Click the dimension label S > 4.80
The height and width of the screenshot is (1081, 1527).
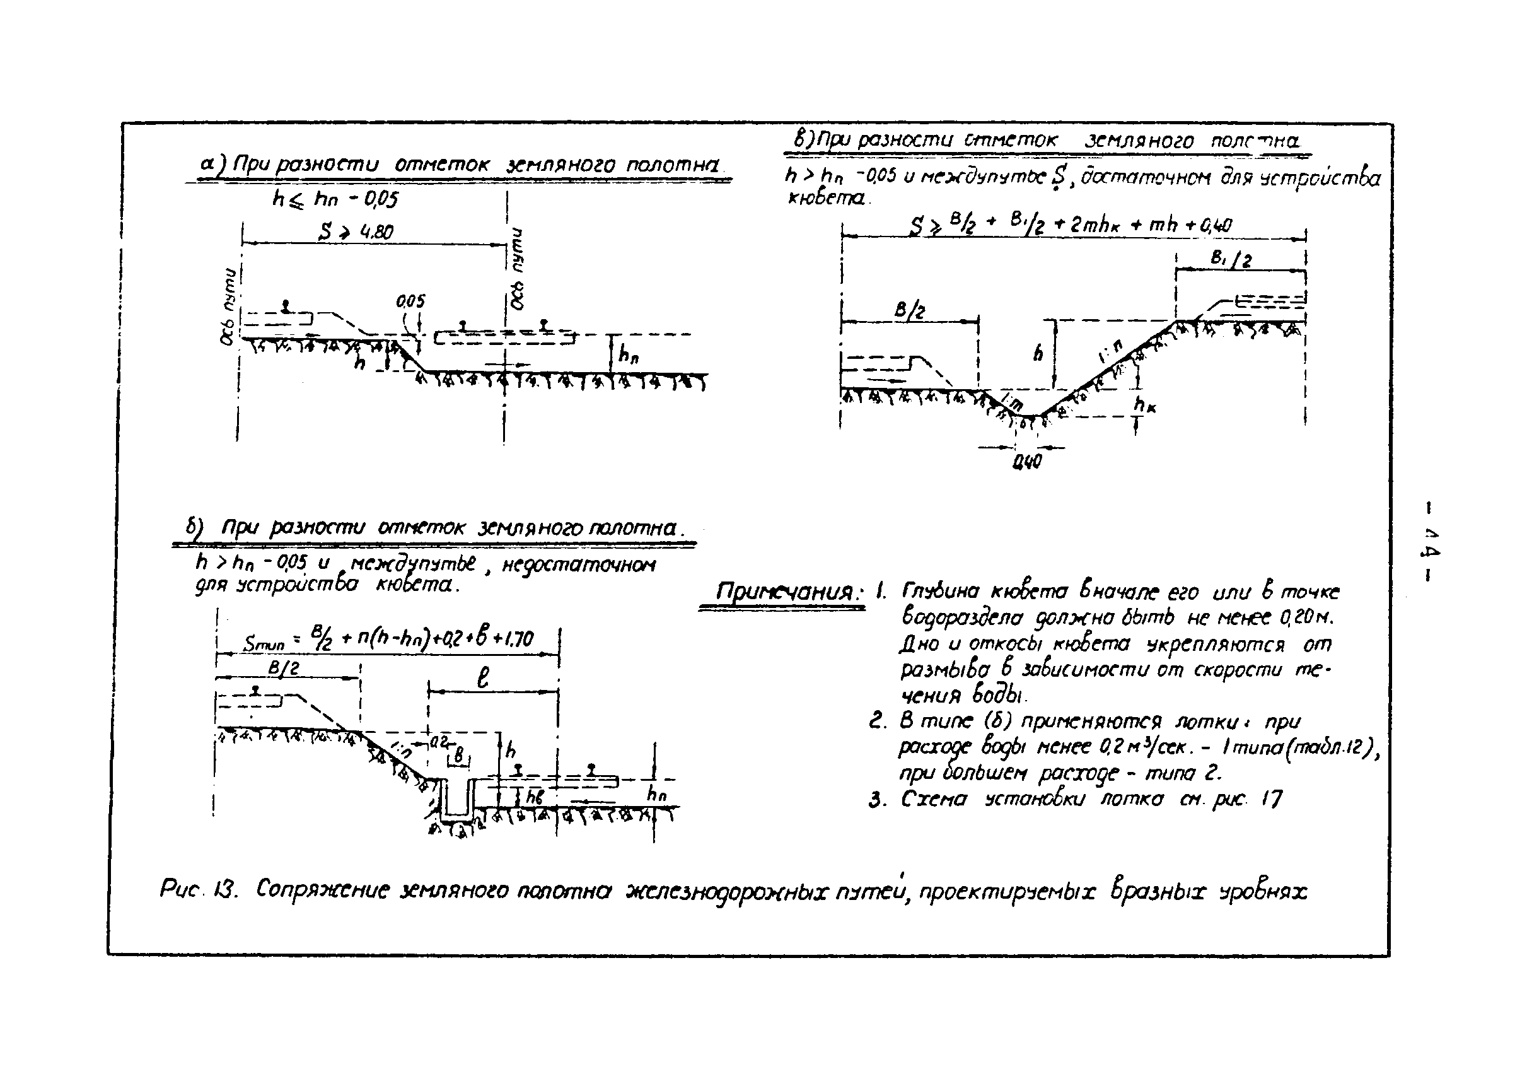356,231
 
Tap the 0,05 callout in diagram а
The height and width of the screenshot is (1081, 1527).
410,301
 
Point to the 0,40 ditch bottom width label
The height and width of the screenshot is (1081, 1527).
1026,461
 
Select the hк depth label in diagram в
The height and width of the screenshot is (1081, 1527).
1144,404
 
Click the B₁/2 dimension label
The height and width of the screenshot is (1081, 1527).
1229,259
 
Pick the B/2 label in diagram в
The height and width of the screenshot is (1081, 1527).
909,310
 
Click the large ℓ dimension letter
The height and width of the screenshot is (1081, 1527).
483,677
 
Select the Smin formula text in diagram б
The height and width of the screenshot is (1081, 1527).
388,641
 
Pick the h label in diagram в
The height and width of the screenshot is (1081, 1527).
1038,353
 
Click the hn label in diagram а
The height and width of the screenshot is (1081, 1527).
627,356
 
